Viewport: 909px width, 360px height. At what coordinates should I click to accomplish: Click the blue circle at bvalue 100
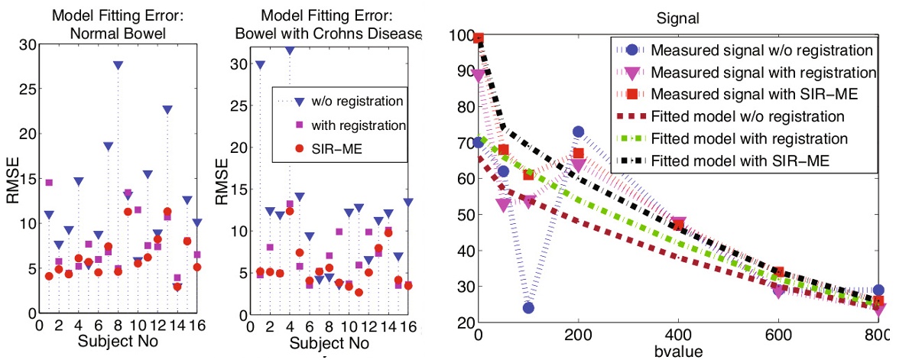[x=528, y=307]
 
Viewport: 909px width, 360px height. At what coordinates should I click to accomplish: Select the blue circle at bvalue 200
[x=578, y=133]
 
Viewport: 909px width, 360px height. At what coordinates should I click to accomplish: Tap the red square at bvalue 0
[x=479, y=38]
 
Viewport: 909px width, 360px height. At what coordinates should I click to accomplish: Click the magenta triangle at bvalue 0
[x=479, y=75]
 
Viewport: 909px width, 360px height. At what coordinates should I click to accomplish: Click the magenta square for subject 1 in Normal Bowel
[x=50, y=183]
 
